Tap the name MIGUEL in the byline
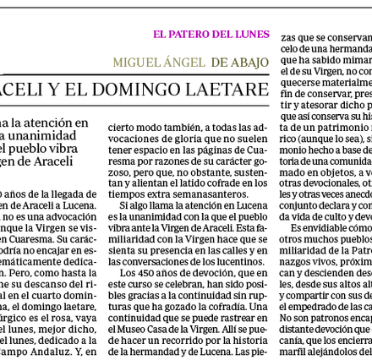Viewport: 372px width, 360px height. coord(134,63)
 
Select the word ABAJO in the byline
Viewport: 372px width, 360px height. coord(250,63)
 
